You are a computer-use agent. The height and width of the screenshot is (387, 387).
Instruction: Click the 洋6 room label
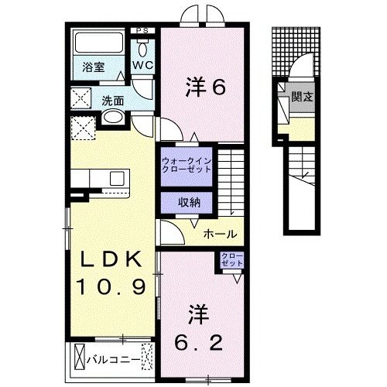tap(205, 87)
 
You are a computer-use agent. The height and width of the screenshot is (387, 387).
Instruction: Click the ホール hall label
tap(221, 234)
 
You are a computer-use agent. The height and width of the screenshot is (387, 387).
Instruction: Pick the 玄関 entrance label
tap(302, 98)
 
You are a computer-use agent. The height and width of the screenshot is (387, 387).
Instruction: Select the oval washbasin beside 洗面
tap(112, 118)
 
